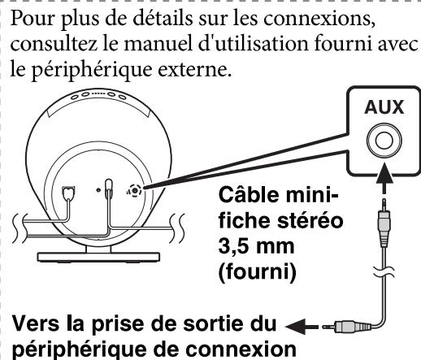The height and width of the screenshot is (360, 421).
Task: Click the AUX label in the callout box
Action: click(x=384, y=107)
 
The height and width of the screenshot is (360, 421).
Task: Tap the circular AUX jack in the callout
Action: click(x=384, y=141)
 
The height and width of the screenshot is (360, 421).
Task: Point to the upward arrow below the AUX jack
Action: click(x=384, y=178)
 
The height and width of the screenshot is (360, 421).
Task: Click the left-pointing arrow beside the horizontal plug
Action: click(x=302, y=327)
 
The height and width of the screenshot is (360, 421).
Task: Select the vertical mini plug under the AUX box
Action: click(x=384, y=223)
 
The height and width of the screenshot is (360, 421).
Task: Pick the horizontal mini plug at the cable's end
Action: click(x=347, y=327)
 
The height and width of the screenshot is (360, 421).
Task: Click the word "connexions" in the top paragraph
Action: click(x=319, y=19)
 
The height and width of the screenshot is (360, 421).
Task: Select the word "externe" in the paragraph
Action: click(x=194, y=70)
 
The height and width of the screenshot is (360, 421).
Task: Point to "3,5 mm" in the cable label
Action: click(x=256, y=246)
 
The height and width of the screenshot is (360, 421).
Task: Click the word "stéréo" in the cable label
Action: click(x=310, y=221)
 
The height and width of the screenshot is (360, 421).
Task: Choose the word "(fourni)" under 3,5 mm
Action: click(x=257, y=272)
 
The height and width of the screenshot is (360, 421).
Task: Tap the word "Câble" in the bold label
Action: click(x=249, y=194)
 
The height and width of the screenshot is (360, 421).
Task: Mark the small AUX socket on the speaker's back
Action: click(x=135, y=191)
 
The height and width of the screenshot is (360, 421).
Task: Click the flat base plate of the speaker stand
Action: click(x=98, y=257)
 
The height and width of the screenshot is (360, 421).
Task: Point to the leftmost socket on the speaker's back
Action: click(x=68, y=193)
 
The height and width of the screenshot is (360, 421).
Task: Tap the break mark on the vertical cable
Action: click(x=384, y=272)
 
